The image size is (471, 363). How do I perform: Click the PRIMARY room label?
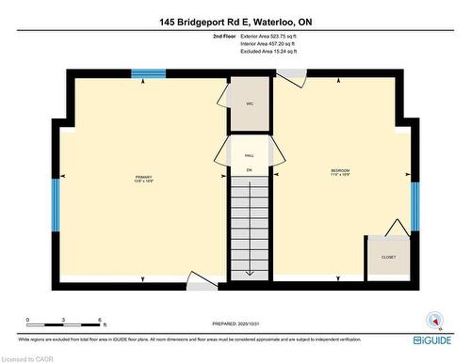tap(143, 178)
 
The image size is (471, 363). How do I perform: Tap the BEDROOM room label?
tap(339, 171)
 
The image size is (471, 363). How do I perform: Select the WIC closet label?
tap(250, 103)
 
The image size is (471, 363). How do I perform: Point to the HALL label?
tap(250, 155)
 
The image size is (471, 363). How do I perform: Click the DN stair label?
tap(250, 169)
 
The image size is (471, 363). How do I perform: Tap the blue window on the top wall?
tap(148, 73)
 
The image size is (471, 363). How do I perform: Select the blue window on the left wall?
tap(55, 205)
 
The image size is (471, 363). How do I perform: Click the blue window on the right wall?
tap(414, 205)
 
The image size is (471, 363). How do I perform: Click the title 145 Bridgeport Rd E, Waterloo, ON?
tap(235, 15)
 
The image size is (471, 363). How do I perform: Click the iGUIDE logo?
tap(436, 338)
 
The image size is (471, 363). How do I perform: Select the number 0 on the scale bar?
tap(27, 321)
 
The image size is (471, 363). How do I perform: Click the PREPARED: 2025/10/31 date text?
tap(235, 324)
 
